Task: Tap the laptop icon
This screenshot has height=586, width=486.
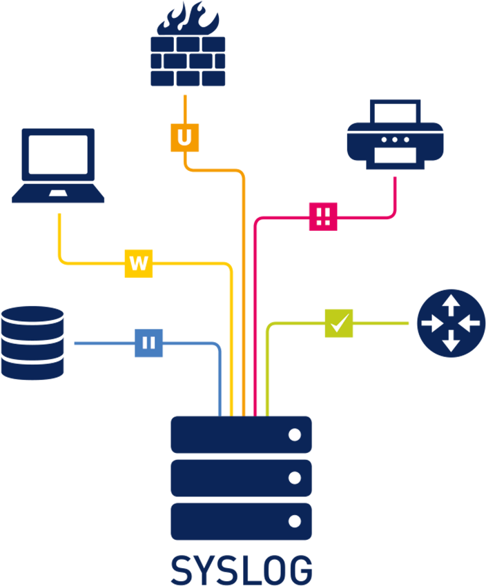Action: coord(58,165)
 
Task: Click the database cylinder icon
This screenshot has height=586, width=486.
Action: coord(32,343)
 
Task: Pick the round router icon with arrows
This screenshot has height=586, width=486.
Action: coord(451,323)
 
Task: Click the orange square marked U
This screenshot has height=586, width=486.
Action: coord(184,137)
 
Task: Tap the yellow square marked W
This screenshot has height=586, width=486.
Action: coord(139,263)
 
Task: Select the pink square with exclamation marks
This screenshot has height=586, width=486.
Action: coord(323,216)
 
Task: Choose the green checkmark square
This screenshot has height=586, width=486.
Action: coord(339,323)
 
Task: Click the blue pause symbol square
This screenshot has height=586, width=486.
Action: coord(149,343)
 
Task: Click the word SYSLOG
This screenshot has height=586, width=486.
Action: coord(241,570)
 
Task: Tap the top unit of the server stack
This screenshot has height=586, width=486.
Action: coord(241,434)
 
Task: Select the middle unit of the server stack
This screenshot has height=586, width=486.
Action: coord(241,478)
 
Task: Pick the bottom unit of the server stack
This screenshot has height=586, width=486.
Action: coord(241,521)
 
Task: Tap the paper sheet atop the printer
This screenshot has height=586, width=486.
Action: coord(395,110)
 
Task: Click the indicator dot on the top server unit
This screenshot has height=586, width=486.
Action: coord(295,434)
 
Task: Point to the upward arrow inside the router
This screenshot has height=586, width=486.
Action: coord(451,303)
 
